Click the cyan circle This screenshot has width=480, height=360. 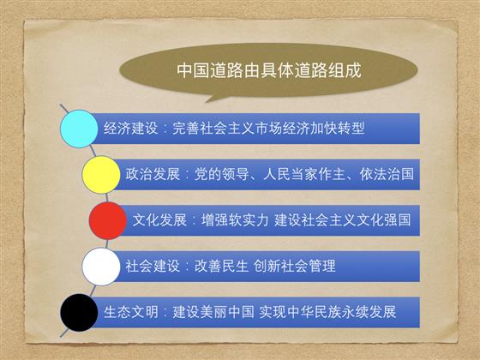click(79, 129)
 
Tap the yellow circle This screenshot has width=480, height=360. click(101, 175)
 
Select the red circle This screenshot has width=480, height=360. click(108, 221)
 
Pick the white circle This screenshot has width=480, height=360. click(101, 267)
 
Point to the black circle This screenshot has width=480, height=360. click(79, 313)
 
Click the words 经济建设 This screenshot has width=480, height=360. click(130, 129)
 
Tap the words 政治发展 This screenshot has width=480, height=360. click(153, 174)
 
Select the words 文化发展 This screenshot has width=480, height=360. click(159, 220)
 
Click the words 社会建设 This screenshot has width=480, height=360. click(153, 266)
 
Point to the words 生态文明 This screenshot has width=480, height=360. click(130, 312)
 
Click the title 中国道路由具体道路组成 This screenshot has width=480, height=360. click(269, 70)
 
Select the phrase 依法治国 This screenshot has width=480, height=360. click(387, 174)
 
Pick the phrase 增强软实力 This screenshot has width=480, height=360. click(235, 220)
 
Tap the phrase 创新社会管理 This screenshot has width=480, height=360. click(295, 266)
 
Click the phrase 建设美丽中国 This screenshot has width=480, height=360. click(213, 312)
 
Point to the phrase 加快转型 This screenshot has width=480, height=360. click(338, 129)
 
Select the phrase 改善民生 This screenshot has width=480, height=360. click(221, 266)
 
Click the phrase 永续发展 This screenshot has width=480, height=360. click(369, 312)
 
